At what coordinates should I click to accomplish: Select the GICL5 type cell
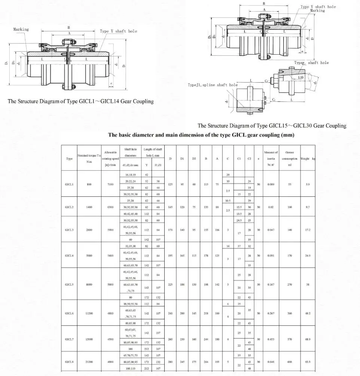pos(69,284)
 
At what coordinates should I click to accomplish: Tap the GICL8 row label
pos(69,362)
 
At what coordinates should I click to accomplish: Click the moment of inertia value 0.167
pos(271,284)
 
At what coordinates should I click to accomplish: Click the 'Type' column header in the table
pos(69,159)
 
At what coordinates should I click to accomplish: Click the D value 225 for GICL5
pos(170,284)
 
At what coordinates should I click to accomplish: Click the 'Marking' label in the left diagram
pos(21,29)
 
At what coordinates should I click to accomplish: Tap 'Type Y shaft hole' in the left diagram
pos(118,31)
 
